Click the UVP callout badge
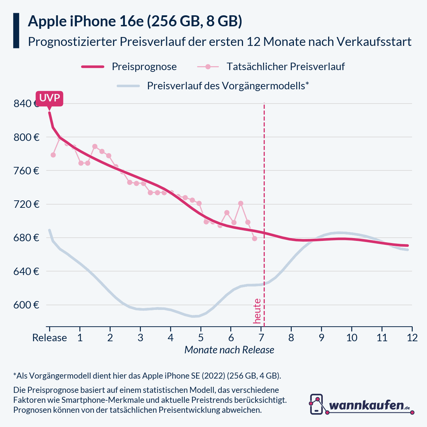click(49, 98)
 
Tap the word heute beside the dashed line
click(257, 311)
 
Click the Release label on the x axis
click(49, 338)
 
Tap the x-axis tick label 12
click(412, 338)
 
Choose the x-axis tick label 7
click(261, 338)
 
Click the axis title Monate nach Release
click(229, 350)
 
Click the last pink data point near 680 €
click(254, 238)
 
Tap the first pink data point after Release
click(53, 155)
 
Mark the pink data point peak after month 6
click(241, 203)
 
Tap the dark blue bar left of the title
click(16, 31)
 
